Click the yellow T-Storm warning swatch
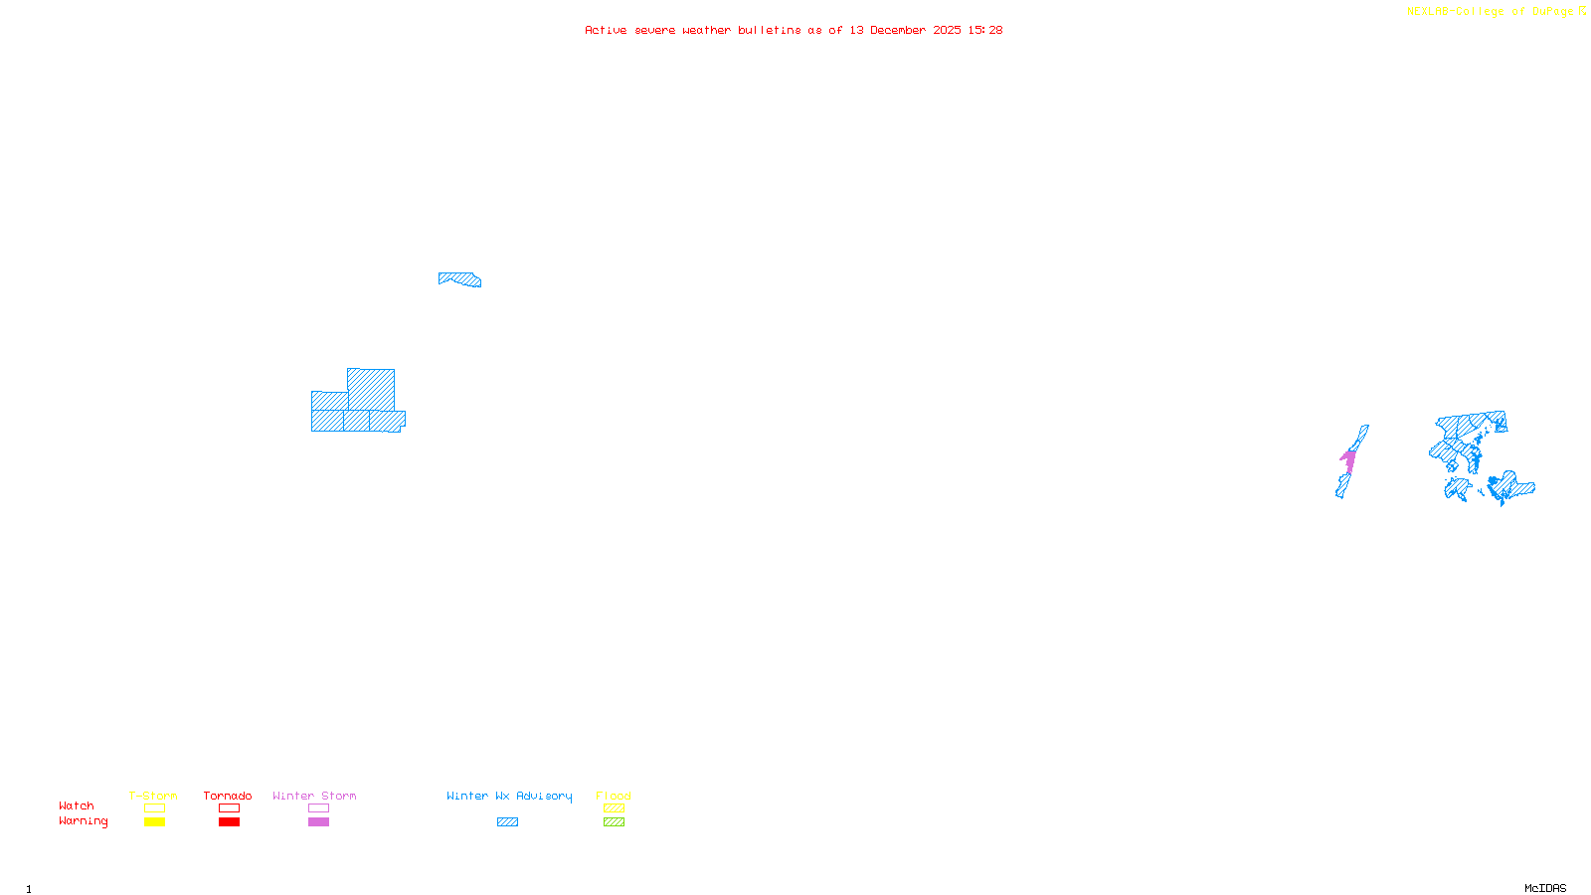pyautogui.click(x=154, y=821)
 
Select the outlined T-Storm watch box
pyautogui.click(x=154, y=807)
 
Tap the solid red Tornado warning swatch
pyautogui.click(x=229, y=821)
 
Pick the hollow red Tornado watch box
pyautogui.click(x=229, y=807)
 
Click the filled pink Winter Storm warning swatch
pyautogui.click(x=318, y=821)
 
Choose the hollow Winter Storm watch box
pyautogui.click(x=318, y=807)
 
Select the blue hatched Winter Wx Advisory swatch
pyautogui.click(x=507, y=821)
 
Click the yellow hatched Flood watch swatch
pyautogui.click(x=614, y=807)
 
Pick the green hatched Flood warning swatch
pyautogui.click(x=614, y=821)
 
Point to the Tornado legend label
pyautogui.click(x=228, y=796)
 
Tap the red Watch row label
pyautogui.click(x=77, y=805)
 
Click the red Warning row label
pyautogui.click(x=83, y=821)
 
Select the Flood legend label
pyautogui.click(x=614, y=796)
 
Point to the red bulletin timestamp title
pyautogui.click(x=794, y=30)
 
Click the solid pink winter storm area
pyautogui.click(x=1349, y=459)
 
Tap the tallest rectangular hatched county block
pyautogui.click(x=371, y=389)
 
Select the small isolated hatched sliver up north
pyautogui.click(x=459, y=278)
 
